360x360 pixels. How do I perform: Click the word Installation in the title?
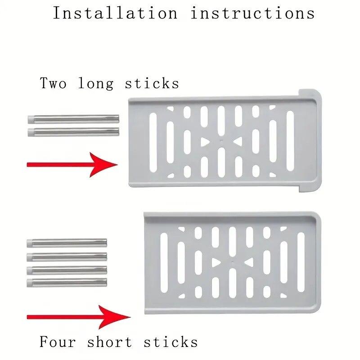[115, 13]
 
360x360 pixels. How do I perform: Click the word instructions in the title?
[252, 13]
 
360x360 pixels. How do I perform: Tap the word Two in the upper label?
[54, 83]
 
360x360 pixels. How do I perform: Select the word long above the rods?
[95, 84]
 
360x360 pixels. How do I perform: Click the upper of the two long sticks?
[73, 119]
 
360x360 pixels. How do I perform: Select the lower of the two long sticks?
[73, 131]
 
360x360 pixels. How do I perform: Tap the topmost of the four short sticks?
[67, 243]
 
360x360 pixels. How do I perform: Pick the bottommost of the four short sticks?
[67, 283]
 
